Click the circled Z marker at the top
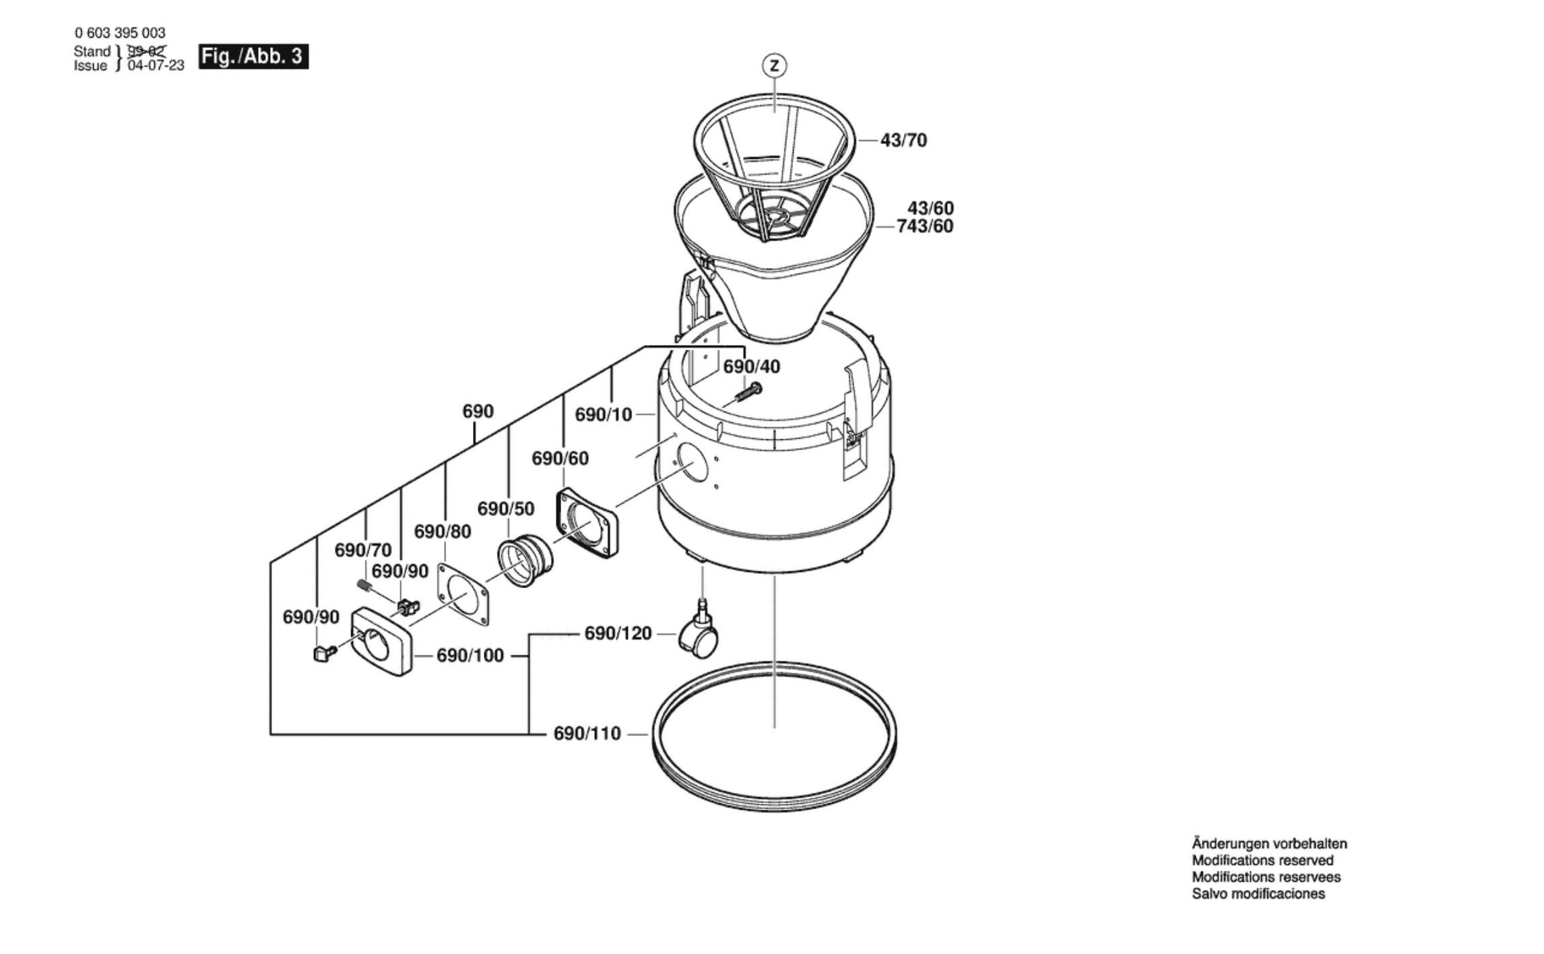click(x=775, y=65)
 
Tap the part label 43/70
click(x=903, y=140)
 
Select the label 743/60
click(x=925, y=226)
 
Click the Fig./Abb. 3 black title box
click(x=253, y=56)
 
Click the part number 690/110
click(x=587, y=734)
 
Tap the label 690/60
click(x=560, y=459)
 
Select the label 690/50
click(x=505, y=509)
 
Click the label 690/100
click(x=470, y=656)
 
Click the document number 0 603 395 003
click(x=120, y=33)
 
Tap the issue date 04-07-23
click(x=156, y=66)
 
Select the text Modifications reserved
click(x=1262, y=860)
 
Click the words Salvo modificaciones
click(x=1258, y=894)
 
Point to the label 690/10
click(x=603, y=415)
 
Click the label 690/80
click(x=442, y=532)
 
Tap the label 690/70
click(x=363, y=550)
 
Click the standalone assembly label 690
click(x=478, y=412)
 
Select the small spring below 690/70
click(x=364, y=586)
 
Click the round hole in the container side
click(x=693, y=462)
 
